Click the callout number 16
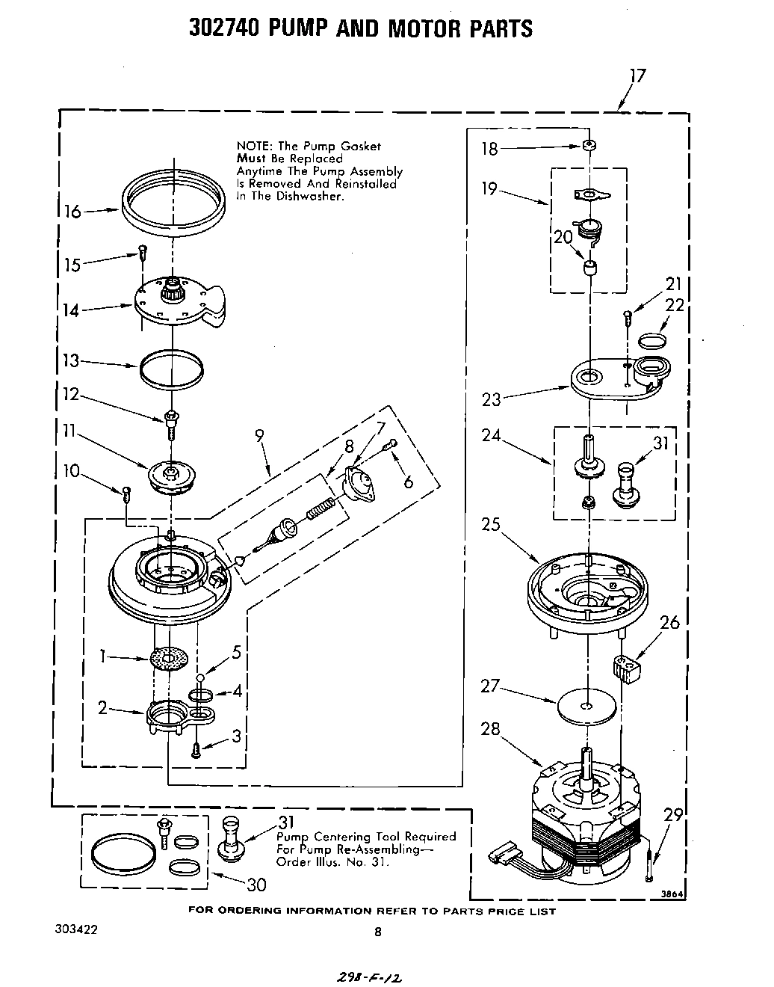click(72, 212)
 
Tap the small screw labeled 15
click(141, 253)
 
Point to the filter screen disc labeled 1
click(168, 658)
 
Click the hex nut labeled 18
click(589, 145)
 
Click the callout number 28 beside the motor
click(490, 729)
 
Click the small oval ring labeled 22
click(652, 341)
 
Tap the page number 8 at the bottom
click(378, 932)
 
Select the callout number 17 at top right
click(637, 76)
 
